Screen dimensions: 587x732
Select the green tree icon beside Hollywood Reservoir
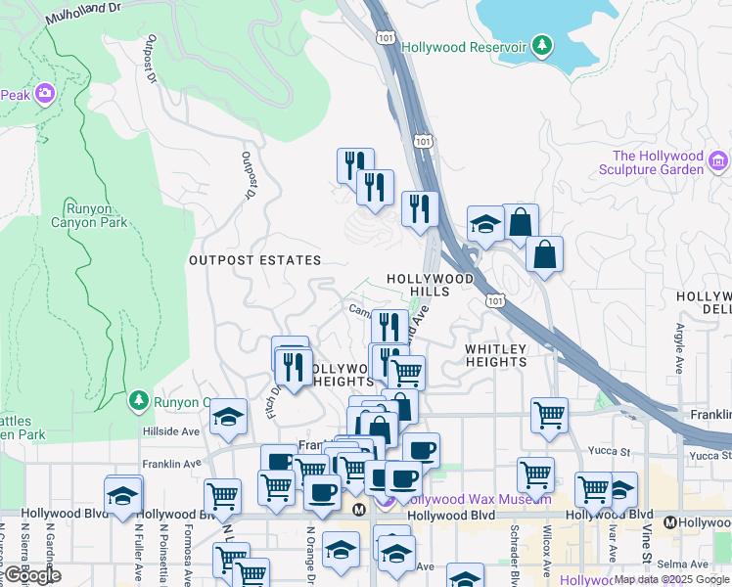541,45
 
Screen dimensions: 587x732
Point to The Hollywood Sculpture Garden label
658,162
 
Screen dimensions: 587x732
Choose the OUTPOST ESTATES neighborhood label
254,260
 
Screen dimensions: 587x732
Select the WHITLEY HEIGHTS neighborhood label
496,355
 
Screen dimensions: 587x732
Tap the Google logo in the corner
31,575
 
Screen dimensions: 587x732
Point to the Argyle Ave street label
679,344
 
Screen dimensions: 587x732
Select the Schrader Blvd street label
513,553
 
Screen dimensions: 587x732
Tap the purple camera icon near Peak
44,94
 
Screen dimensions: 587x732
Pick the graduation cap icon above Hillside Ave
228,419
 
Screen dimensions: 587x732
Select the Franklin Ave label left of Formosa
171,464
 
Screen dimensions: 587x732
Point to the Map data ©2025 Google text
671,579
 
